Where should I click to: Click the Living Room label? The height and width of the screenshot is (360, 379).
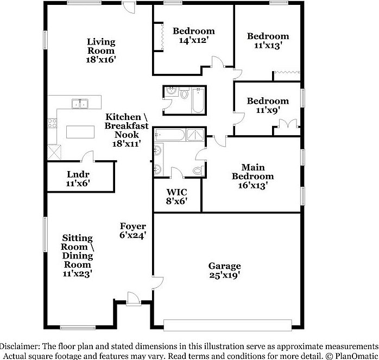click(102, 50)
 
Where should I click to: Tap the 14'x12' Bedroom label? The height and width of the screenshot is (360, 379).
click(193, 35)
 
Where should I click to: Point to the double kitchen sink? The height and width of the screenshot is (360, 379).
click(80, 103)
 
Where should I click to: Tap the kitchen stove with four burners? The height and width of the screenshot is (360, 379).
click(53, 123)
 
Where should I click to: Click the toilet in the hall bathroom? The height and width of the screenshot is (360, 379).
click(184, 94)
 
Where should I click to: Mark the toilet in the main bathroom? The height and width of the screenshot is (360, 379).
click(197, 170)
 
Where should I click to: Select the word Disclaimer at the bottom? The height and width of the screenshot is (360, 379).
click(20, 346)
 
